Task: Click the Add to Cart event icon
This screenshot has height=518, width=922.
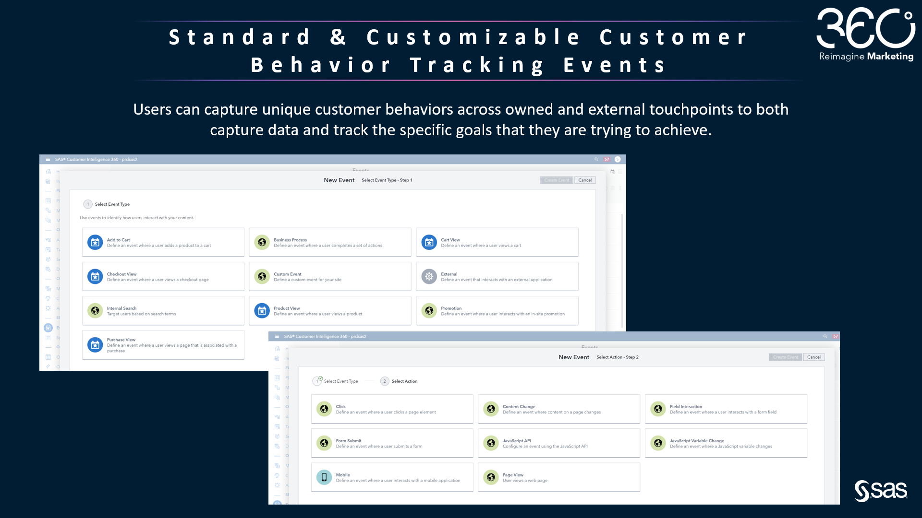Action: (x=95, y=243)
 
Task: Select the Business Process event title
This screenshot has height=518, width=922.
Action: (x=290, y=240)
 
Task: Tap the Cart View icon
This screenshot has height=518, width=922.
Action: (x=429, y=243)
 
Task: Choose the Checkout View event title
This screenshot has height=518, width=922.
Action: (x=121, y=274)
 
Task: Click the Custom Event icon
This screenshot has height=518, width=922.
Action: (x=262, y=277)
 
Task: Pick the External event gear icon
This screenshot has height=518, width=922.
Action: (x=429, y=277)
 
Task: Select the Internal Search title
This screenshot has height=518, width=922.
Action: (x=121, y=308)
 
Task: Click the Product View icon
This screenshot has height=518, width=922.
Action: (x=262, y=311)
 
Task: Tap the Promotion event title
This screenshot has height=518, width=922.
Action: (x=451, y=308)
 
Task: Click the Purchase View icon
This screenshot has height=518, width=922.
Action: (x=95, y=345)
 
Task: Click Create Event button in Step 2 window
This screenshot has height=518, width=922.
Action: (x=785, y=357)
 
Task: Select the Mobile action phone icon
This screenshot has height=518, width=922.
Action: (x=324, y=477)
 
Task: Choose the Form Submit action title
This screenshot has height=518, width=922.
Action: (x=349, y=441)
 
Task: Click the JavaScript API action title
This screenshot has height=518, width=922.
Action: (x=517, y=441)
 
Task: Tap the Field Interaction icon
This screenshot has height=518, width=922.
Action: (x=658, y=409)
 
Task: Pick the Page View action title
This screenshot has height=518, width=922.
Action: (x=513, y=475)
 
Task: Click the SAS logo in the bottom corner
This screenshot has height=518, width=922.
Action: (x=881, y=491)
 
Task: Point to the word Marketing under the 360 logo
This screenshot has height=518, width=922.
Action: (x=890, y=57)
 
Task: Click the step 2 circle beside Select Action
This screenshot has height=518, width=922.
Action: (x=385, y=381)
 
